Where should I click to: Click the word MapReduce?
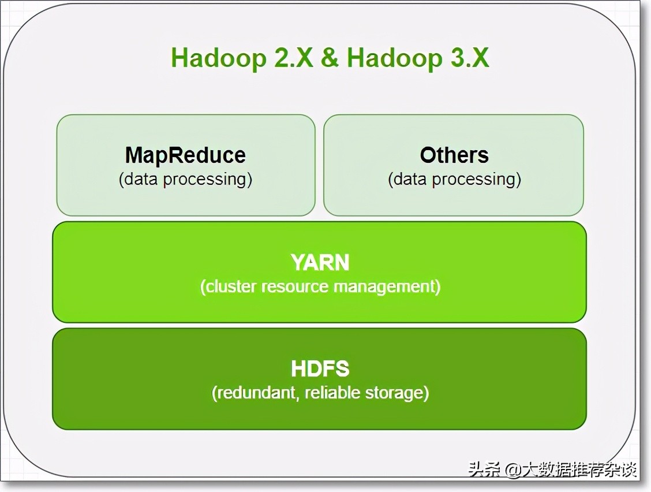[185, 155]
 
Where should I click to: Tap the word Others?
[454, 155]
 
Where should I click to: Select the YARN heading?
[320, 263]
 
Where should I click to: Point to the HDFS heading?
[320, 369]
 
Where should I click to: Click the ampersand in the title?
[330, 58]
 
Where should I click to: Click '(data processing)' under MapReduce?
[185, 179]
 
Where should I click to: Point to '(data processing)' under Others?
[454, 179]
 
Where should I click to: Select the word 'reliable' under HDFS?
[333, 393]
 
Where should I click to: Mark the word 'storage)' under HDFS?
[398, 393]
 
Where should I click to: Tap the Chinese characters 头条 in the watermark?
[484, 469]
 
